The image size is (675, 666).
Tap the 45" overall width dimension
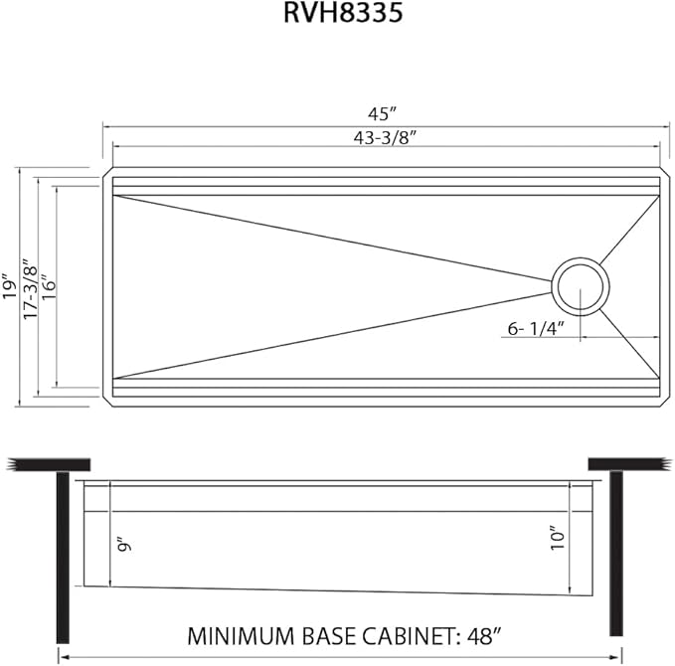[385, 111]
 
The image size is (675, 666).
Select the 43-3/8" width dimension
[385, 137]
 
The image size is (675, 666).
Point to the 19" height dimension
[9, 286]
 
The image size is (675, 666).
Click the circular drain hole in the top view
[579, 286]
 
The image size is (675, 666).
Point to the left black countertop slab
[49, 464]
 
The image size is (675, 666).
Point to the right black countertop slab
[625, 464]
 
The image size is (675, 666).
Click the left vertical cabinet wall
[63, 557]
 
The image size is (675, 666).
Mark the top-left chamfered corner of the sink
[107, 174]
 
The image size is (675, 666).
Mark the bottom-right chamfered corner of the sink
[661, 400]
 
